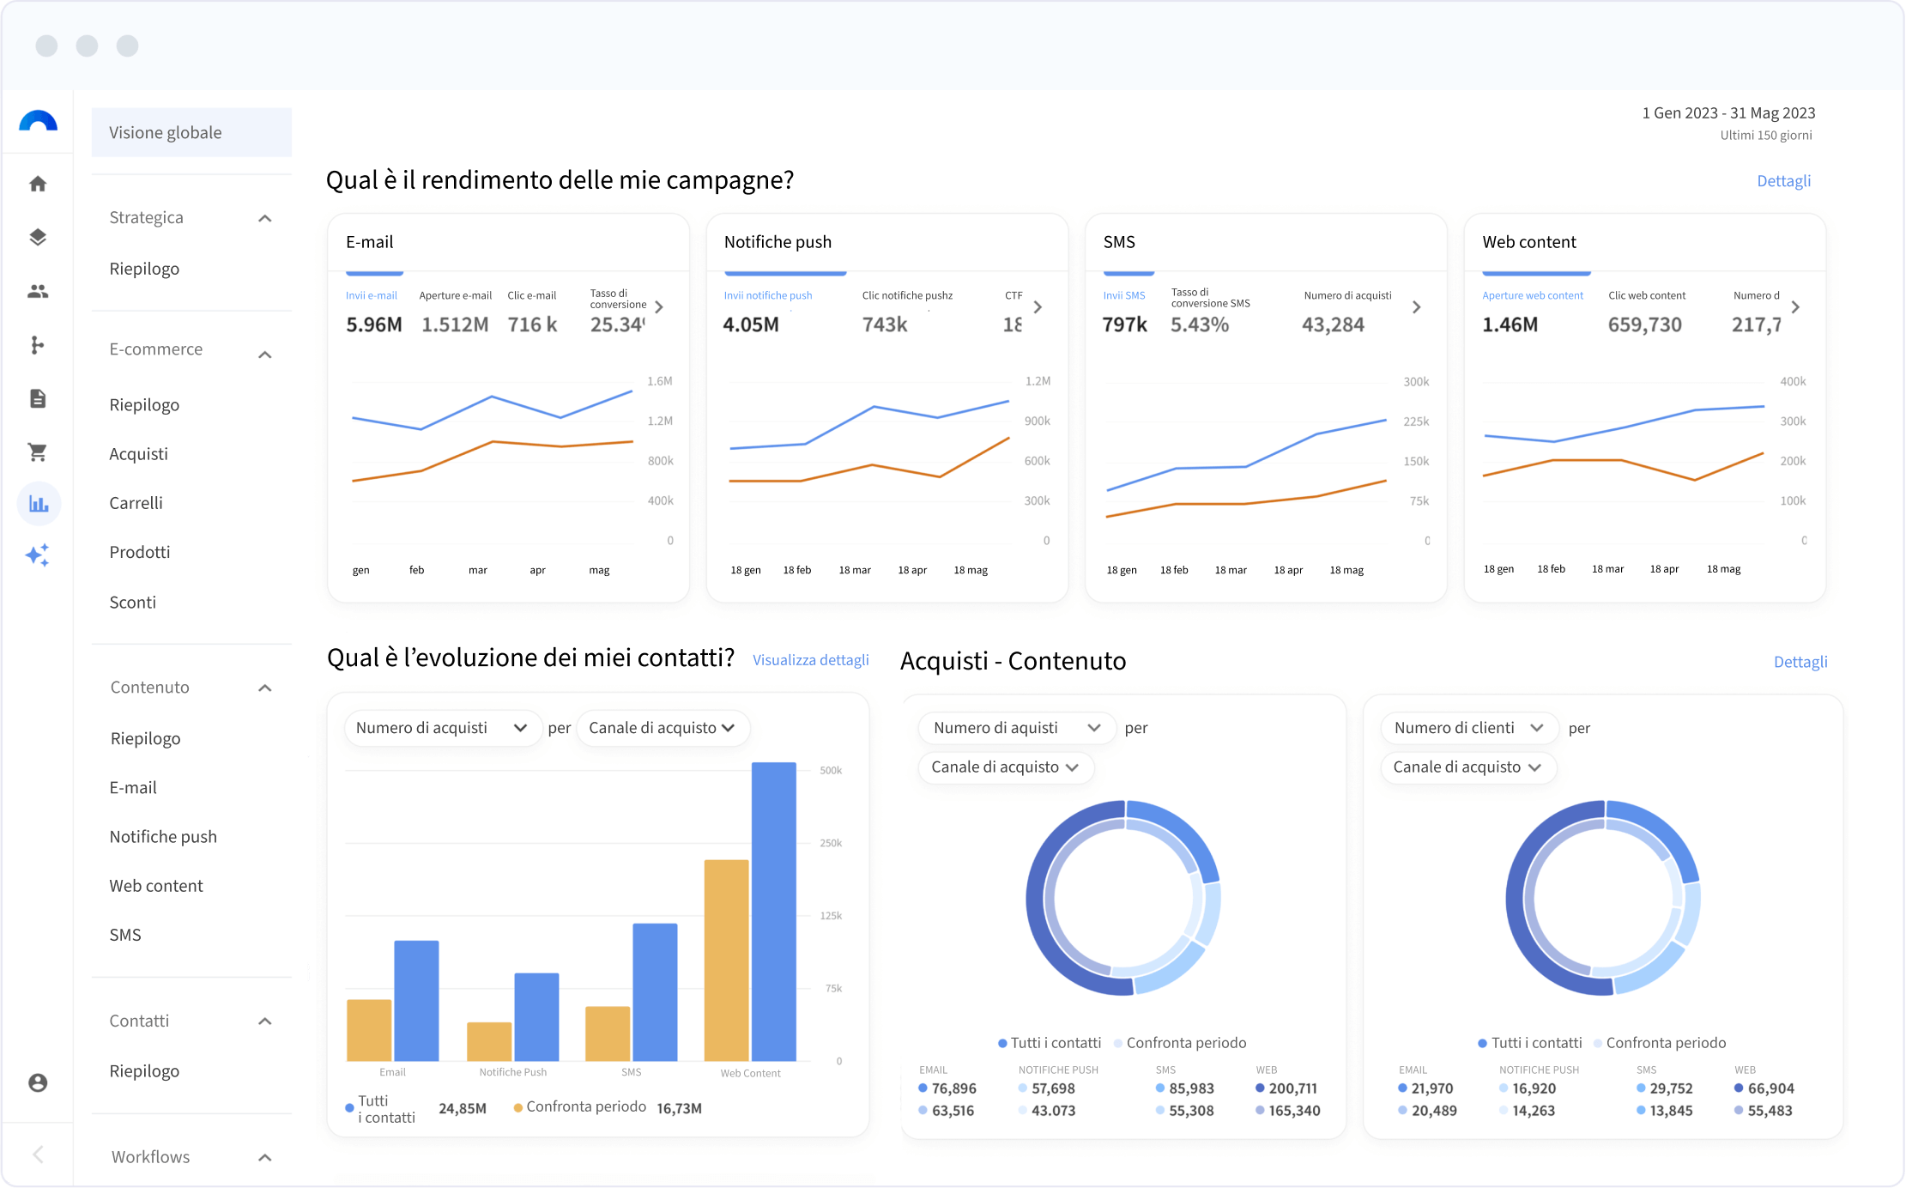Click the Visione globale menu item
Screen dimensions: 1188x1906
(166, 133)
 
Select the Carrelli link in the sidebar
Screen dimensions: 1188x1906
(136, 503)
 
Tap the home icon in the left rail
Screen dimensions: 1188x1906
(38, 184)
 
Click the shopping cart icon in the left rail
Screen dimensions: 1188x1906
(38, 452)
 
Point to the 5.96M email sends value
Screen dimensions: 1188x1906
(374, 324)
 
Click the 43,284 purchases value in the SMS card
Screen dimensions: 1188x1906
(1333, 324)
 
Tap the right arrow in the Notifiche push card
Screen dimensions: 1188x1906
(1038, 306)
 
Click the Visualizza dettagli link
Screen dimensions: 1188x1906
(810, 660)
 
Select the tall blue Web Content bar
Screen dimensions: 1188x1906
(773, 910)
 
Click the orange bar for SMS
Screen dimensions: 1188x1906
(608, 1033)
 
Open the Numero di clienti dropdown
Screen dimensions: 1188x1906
(1468, 728)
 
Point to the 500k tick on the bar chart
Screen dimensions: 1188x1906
(831, 771)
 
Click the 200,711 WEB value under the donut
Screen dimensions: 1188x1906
(1292, 1088)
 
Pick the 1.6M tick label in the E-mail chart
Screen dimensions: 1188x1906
(660, 381)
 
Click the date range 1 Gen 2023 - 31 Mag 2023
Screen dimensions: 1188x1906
(1728, 113)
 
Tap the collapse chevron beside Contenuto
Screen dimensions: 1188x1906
(265, 688)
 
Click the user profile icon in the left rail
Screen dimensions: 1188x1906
(38, 1083)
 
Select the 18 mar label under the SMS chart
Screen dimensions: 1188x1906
(1231, 570)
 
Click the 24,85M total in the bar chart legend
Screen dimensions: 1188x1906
(463, 1108)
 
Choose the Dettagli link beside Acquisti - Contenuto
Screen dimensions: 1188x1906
(1800, 662)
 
